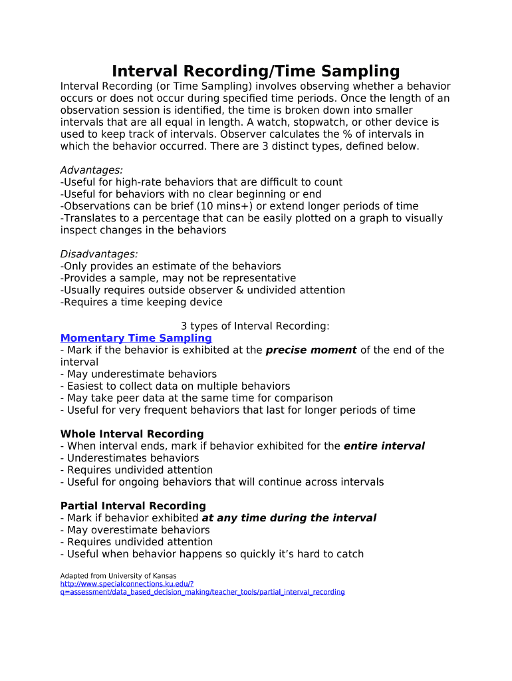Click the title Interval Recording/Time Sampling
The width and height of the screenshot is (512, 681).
point(255,70)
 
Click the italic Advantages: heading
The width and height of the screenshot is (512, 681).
point(91,170)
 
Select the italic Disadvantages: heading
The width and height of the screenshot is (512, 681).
point(99,254)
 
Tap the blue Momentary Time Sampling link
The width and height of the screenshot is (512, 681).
point(136,339)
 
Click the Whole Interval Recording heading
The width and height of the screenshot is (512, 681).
point(132,434)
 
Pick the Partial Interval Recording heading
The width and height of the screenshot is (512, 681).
point(133,506)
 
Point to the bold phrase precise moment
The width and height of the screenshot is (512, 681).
point(311,350)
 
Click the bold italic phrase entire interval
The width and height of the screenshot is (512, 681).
point(384,446)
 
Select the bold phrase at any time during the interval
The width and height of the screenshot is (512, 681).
point(289,518)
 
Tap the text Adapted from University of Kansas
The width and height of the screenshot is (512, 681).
point(118,575)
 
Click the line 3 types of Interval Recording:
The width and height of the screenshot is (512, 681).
point(255,326)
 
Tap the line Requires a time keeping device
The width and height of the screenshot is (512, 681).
point(141,302)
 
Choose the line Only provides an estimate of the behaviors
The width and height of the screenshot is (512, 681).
point(170,266)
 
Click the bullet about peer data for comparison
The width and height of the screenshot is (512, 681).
point(196,398)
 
